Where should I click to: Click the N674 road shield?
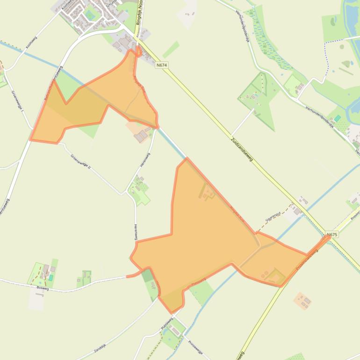point(162,65)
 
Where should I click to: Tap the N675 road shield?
point(332,234)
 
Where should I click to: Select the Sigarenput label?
point(273,217)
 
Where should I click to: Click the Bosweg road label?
point(42,288)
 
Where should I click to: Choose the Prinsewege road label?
point(195,347)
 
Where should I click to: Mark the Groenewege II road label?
point(80,161)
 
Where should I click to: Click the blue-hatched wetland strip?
point(267,42)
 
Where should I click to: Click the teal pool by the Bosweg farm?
point(50,278)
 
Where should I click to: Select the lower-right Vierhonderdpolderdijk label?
point(320,115)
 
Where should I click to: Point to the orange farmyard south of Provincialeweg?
point(302,301)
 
